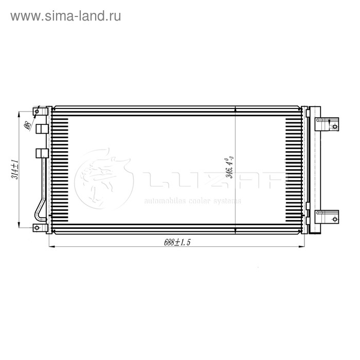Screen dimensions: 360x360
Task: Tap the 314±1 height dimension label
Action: pyautogui.click(x=15, y=169)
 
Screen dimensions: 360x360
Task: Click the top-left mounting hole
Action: pyautogui.click(x=37, y=111)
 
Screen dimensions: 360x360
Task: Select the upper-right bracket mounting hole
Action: pyautogui.click(x=335, y=127)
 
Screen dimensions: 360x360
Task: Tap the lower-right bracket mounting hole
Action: pyautogui.click(x=335, y=219)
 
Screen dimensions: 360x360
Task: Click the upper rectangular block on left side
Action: pyautogui.click(x=42, y=128)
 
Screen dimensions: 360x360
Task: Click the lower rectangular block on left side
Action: pyautogui.click(x=42, y=153)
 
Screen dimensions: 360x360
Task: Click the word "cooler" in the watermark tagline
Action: pyautogui.click(x=199, y=201)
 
